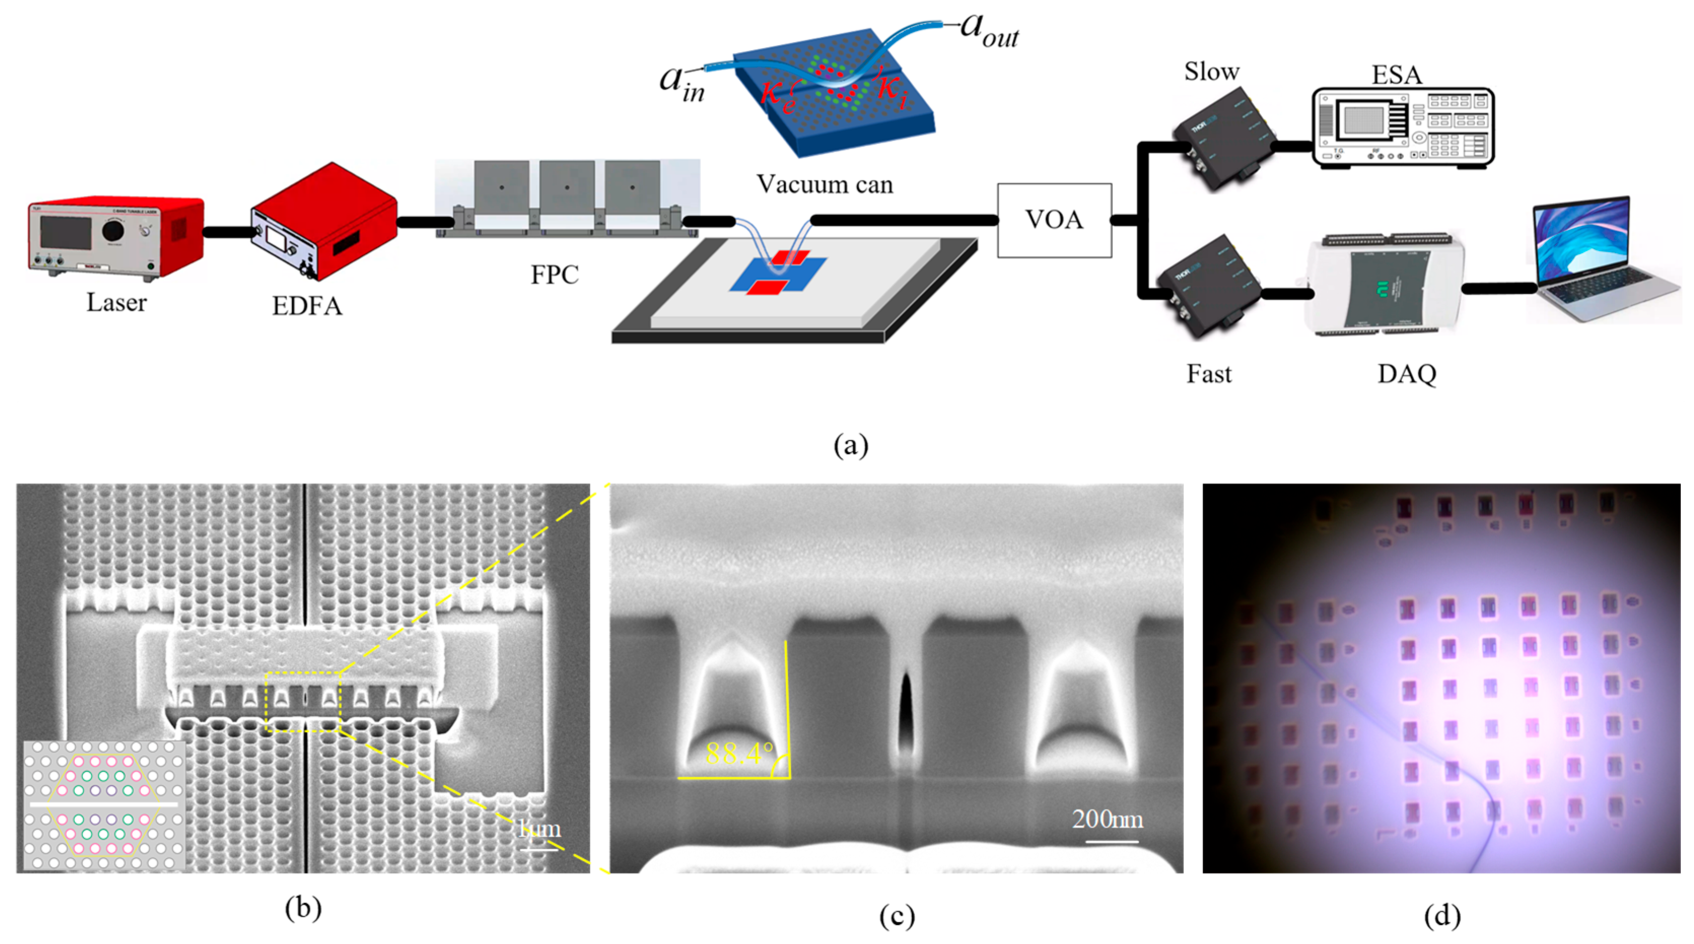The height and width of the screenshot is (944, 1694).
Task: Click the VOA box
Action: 1054,220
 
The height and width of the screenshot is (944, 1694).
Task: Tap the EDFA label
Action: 307,306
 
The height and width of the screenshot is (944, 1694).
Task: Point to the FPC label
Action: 554,275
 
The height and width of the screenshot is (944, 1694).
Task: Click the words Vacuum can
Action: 825,184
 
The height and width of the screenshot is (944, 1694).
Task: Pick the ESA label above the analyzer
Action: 1396,75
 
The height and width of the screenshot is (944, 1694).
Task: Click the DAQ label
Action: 1406,374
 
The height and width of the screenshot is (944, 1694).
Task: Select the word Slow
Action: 1211,72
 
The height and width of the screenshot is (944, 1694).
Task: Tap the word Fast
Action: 1209,374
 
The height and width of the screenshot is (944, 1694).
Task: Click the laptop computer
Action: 1605,260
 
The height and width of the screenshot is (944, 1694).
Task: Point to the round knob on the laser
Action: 113,230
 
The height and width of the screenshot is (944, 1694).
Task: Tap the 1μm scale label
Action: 540,828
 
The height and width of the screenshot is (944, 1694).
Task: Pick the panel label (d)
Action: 1442,916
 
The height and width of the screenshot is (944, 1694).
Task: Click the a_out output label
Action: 989,29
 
